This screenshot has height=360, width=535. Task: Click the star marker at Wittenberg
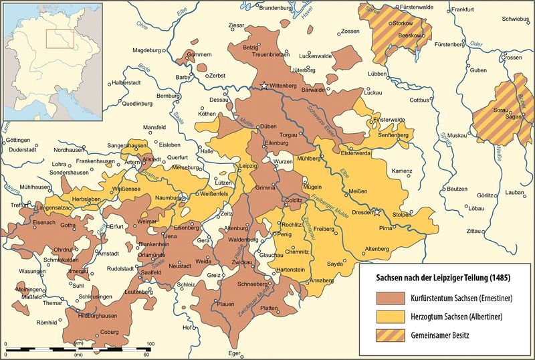(x=265, y=86)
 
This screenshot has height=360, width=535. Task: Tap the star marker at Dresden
(x=377, y=213)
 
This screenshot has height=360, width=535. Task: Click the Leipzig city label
(x=248, y=165)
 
